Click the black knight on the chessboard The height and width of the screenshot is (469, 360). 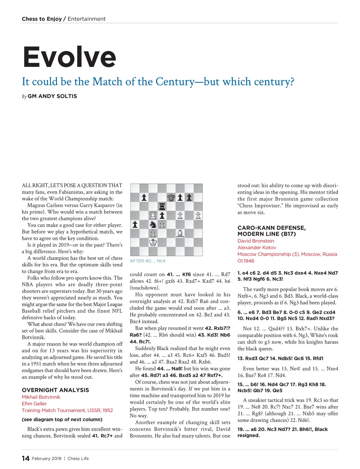pos(153,224)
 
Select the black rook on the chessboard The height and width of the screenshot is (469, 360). pos(162,206)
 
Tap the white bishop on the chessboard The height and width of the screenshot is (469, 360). pos(180,233)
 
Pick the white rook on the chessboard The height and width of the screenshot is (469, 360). pos(153,215)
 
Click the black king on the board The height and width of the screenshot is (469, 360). pos(171,197)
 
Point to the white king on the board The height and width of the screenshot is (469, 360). pos(153,242)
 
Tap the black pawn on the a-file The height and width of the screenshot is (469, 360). pos(135,224)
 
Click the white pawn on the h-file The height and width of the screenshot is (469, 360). pos(198,215)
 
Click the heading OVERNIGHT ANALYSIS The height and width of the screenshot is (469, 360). pos(55,390)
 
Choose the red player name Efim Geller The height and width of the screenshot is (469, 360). pos(34,404)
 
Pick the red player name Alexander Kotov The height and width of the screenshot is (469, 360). pos(257,247)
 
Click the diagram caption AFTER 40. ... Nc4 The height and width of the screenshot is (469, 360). pos(147,261)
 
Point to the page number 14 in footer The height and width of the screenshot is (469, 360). pos(25,458)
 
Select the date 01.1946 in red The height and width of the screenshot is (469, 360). pos(246,261)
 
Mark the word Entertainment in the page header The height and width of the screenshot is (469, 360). pos(86,19)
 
